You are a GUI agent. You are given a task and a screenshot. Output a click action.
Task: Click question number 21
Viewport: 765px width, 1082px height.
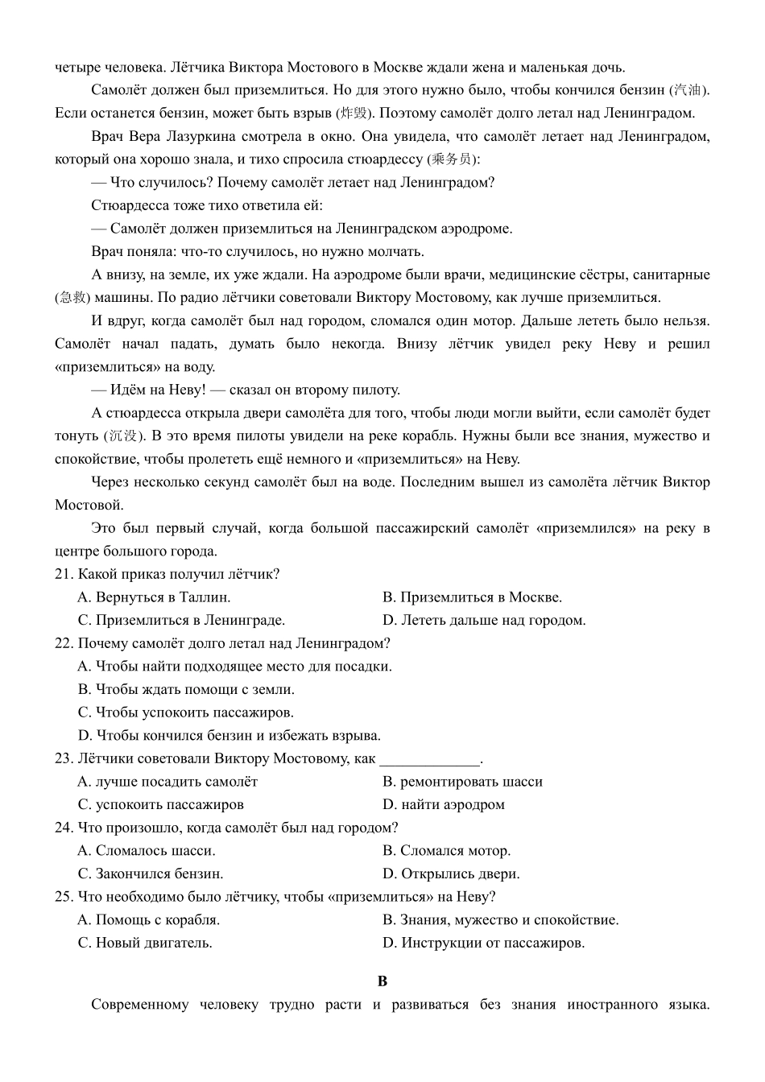(x=64, y=574)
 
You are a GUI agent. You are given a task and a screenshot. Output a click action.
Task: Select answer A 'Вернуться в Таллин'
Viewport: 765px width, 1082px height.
(x=154, y=597)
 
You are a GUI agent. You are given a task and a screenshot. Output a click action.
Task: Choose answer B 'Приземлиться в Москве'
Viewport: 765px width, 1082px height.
(x=472, y=597)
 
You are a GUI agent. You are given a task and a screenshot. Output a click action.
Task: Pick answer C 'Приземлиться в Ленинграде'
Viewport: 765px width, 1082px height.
(x=181, y=621)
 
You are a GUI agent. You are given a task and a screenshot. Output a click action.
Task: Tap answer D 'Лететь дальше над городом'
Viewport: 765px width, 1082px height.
(x=484, y=621)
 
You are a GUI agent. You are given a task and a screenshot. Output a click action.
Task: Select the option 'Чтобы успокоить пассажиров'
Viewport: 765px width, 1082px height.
(x=186, y=712)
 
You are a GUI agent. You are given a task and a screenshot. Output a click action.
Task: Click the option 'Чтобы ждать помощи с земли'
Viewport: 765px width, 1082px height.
(x=186, y=690)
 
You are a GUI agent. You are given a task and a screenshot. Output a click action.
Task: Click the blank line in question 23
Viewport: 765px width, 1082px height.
(x=429, y=759)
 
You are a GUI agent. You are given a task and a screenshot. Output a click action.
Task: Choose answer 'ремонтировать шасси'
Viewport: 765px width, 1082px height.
(x=462, y=782)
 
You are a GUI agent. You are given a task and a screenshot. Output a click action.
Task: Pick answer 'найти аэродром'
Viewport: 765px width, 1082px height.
(x=444, y=805)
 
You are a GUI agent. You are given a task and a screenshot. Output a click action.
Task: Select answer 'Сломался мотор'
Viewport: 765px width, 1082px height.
(x=446, y=851)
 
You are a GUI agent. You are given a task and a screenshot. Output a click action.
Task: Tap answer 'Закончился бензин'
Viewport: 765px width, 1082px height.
(x=151, y=874)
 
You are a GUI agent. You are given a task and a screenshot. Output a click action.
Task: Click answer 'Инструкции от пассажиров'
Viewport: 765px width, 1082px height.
(x=483, y=943)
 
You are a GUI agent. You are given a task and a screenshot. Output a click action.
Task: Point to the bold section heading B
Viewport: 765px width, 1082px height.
(x=382, y=981)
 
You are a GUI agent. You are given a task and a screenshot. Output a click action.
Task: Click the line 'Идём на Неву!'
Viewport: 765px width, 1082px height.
(x=246, y=390)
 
